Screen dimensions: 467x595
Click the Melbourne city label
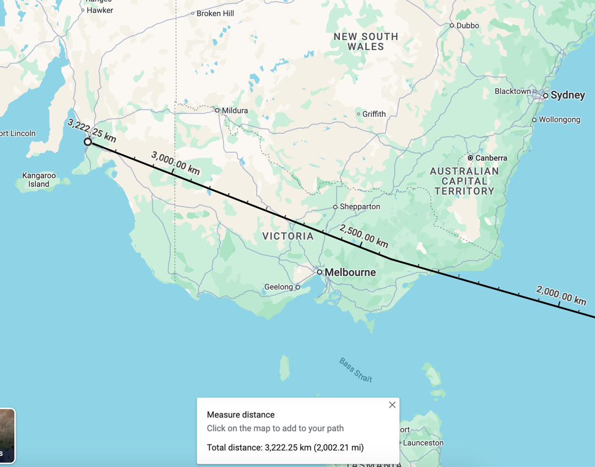pos(350,272)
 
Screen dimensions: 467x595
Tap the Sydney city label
pos(567,95)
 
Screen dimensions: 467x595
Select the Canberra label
pos(491,158)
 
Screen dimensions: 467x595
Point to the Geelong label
pos(279,287)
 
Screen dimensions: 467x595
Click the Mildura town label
pos(235,110)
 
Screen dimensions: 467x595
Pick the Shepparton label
pos(360,207)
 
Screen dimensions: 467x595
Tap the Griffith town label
pos(374,114)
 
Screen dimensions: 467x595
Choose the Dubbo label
pos(468,25)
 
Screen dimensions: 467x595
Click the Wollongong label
pos(559,120)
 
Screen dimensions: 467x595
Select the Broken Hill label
pos(215,13)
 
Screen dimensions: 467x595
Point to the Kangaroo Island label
pos(39,180)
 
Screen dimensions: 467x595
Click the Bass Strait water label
pos(355,370)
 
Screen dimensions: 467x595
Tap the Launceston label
pos(423,443)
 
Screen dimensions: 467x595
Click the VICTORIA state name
pos(288,236)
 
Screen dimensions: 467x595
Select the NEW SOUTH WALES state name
pos(366,41)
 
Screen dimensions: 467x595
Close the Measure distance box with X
pos(392,405)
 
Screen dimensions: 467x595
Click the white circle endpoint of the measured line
pos(88,142)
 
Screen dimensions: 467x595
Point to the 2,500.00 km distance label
pos(364,236)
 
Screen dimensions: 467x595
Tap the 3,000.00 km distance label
pos(175,163)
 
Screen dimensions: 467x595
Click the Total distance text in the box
pos(285,447)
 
